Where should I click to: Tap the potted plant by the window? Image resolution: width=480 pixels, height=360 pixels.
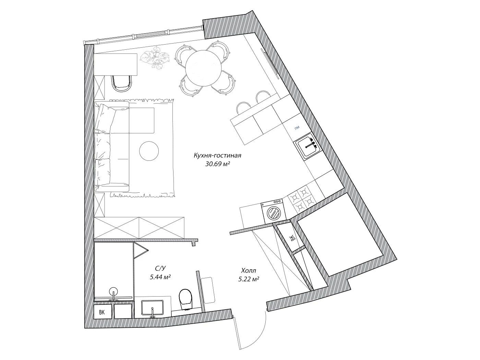[x=155, y=58]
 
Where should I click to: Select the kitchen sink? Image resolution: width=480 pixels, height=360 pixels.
[x=308, y=145]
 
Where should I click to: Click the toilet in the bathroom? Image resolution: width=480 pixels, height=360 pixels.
[x=185, y=299]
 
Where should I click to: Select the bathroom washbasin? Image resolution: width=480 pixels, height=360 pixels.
[x=152, y=308]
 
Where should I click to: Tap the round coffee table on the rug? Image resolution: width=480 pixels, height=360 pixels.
[x=149, y=151]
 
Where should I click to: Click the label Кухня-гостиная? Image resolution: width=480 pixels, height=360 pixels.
[x=217, y=156]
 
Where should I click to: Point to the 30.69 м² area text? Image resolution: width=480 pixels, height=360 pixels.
[x=218, y=164]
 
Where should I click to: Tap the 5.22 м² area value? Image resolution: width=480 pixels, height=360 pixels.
[x=249, y=279]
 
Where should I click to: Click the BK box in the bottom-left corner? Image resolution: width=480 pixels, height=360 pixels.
[x=102, y=312]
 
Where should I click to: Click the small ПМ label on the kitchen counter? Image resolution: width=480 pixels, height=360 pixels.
[x=297, y=128]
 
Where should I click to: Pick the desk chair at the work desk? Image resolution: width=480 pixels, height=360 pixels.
[x=122, y=83]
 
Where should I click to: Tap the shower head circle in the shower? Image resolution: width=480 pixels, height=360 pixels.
[x=113, y=291]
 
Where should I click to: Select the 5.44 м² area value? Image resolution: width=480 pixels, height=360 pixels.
[x=160, y=277]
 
